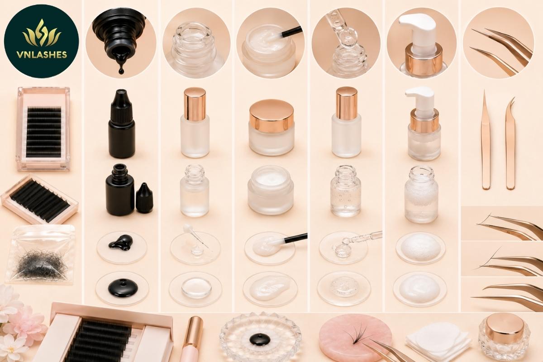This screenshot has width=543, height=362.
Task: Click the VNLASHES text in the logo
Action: coord(42,55)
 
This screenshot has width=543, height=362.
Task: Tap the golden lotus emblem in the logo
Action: coord(42,33)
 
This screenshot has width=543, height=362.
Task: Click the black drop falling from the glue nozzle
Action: coord(121,70)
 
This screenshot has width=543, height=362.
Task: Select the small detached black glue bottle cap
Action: coord(144,198)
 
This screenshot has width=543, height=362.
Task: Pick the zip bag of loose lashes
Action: coord(42,254)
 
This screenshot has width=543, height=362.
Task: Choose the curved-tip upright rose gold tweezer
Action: coord(510,143)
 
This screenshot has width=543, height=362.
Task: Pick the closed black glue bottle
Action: coord(121,124)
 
